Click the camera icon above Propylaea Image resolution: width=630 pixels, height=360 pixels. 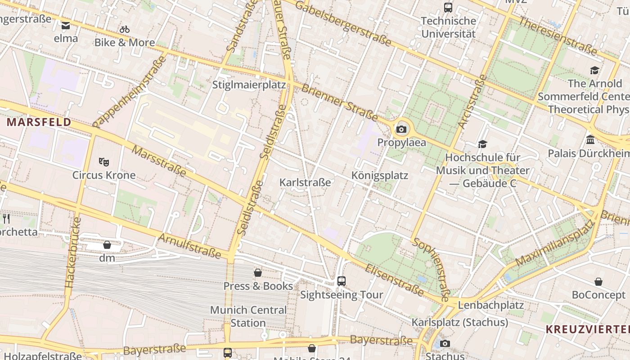click(x=401, y=130)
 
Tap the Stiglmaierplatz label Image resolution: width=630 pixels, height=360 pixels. click(x=249, y=85)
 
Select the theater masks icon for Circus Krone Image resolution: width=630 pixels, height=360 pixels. click(x=104, y=162)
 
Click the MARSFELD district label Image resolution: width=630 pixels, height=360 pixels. click(x=39, y=122)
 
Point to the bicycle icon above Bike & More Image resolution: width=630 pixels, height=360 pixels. click(x=125, y=29)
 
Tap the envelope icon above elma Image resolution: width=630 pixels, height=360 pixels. click(x=66, y=26)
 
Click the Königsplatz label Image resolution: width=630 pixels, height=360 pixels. click(x=379, y=175)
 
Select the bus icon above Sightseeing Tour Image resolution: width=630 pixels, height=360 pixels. click(x=342, y=281)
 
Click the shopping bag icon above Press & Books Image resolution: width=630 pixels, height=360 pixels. click(x=258, y=273)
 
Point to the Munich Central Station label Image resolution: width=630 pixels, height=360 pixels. click(x=248, y=316)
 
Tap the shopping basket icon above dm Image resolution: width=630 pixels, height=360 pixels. click(x=107, y=245)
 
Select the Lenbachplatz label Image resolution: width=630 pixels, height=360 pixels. click(x=490, y=305)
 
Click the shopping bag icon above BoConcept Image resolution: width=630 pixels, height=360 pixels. click(x=598, y=282)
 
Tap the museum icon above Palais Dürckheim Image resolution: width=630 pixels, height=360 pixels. click(x=590, y=140)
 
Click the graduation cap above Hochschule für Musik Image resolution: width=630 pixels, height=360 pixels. click(x=482, y=144)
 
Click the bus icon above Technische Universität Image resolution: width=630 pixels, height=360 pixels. click(x=448, y=7)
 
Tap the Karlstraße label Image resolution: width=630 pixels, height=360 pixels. click(x=305, y=182)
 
